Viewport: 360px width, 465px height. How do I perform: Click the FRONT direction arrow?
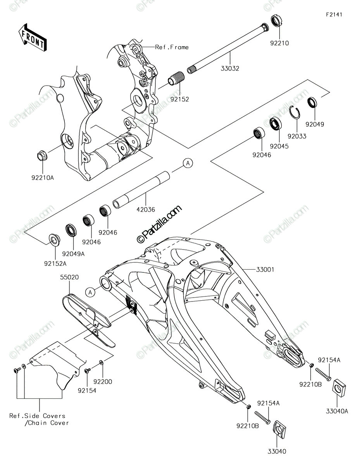[x=33, y=37]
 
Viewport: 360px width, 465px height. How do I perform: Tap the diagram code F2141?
[x=334, y=15]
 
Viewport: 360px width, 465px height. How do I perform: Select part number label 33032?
[x=230, y=69]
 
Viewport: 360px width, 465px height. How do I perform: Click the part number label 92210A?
[x=43, y=177]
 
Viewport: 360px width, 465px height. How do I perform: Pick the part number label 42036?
[x=146, y=209]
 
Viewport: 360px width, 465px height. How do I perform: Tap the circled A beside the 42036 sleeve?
[x=188, y=163]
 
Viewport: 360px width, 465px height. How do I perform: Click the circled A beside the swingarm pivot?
[x=90, y=292]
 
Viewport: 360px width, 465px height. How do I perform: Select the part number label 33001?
[x=265, y=270]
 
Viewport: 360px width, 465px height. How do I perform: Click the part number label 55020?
[x=69, y=277]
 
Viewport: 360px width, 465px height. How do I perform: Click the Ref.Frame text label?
[x=172, y=47]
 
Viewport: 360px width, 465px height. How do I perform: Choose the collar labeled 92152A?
[x=54, y=240]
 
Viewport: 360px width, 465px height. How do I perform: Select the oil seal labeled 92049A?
[x=71, y=230]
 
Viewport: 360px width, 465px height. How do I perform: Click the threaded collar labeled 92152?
[x=176, y=78]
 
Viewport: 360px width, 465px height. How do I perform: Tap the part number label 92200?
[x=103, y=382]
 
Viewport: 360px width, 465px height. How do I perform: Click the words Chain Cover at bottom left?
[x=48, y=423]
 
